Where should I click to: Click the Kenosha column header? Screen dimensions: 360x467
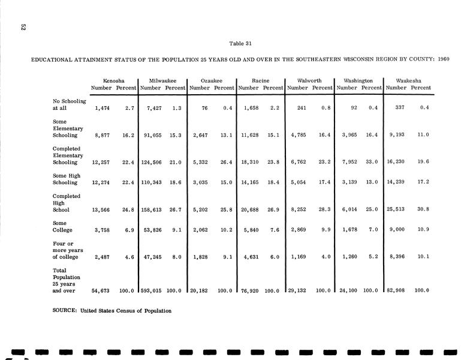pos(114,80)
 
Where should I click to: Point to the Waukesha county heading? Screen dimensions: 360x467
pos(408,80)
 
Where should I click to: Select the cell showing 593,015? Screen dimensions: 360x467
pos(151,290)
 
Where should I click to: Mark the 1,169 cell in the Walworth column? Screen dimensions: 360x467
pos(298,257)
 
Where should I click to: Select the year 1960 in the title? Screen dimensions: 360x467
pos(444,59)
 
